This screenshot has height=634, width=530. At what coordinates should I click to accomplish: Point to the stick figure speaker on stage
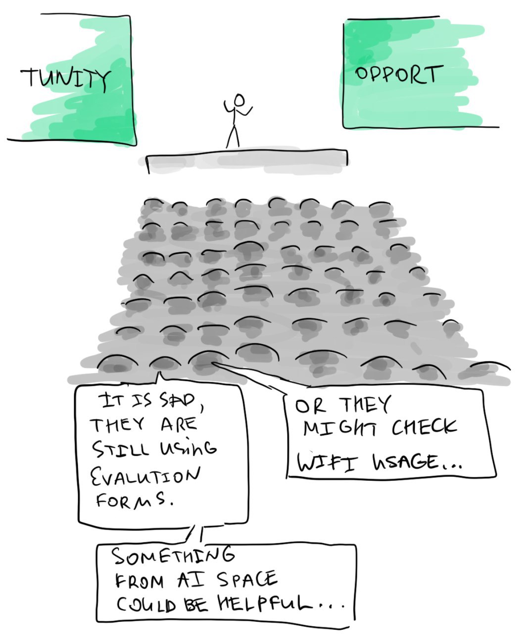coord(237,121)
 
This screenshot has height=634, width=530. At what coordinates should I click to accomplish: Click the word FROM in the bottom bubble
coord(139,581)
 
